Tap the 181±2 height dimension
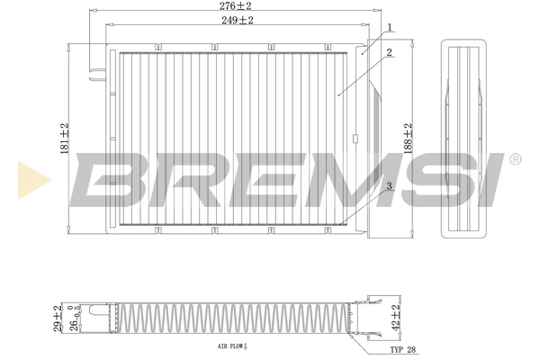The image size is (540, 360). [x=63, y=139]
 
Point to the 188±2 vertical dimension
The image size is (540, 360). [x=408, y=139]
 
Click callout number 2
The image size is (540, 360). [x=389, y=53]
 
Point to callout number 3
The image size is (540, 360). [x=388, y=186]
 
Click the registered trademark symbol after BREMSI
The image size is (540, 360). [x=515, y=159]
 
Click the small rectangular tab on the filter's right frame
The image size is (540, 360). [x=355, y=139]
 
